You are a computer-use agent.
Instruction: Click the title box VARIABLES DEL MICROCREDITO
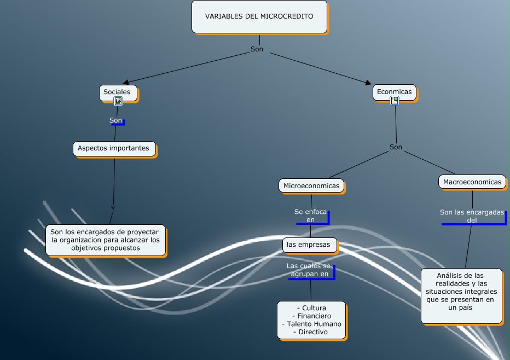259,16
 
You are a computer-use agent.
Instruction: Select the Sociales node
118,92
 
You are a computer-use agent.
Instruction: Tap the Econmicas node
394,92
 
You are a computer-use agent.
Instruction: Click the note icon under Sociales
118,101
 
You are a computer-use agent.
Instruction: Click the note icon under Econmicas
395,101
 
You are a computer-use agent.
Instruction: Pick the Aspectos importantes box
114,148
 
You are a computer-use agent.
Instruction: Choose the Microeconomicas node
311,186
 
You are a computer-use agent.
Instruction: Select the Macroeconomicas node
472,182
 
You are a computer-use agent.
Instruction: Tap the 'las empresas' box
309,245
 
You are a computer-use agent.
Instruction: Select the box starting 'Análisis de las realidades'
461,295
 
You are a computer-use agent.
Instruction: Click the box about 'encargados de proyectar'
105,240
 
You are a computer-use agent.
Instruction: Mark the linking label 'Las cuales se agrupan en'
309,270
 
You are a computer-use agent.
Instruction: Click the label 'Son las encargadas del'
472,216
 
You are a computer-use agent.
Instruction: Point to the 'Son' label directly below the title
257,49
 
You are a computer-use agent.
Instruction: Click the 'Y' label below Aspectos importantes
113,209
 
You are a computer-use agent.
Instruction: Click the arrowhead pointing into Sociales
126,83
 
